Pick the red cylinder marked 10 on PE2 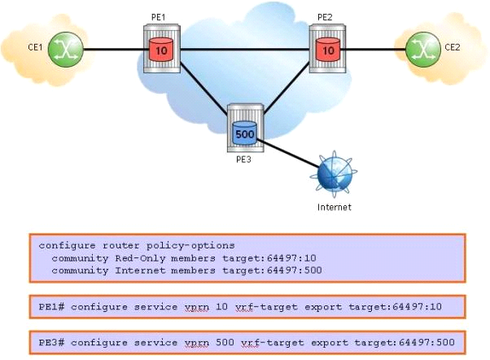point(327,50)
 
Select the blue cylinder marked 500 point(244,131)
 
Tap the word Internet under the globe point(335,208)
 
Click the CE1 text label point(35,47)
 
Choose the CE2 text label point(453,47)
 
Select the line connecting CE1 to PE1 point(112,50)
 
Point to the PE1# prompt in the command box point(50,307)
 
